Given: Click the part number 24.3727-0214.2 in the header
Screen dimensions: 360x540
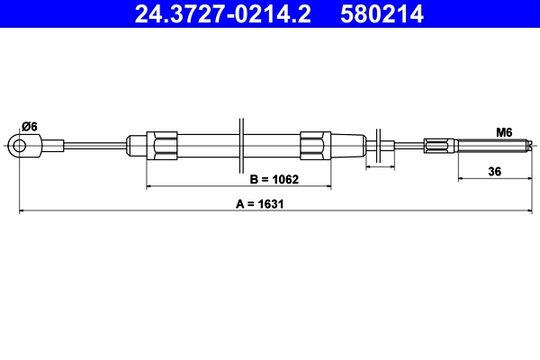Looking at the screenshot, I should (225, 13).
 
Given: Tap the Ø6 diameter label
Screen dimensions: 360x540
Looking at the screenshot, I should (29, 127).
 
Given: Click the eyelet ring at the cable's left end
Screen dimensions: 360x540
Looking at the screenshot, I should (17, 144).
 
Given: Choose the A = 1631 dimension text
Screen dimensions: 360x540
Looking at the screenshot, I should (259, 204).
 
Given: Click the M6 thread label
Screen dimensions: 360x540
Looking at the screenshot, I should (504, 132).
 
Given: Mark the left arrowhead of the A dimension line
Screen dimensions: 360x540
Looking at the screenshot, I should (22, 211).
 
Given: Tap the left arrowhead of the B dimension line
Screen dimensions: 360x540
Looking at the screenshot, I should (150, 186).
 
